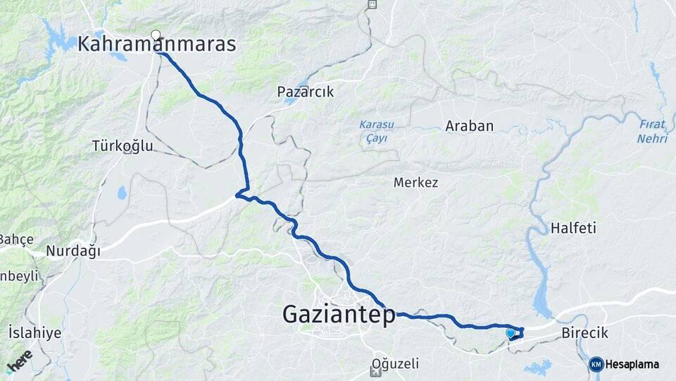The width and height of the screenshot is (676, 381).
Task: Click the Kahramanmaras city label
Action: tap(156, 44)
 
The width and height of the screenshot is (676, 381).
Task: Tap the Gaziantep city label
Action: tap(339, 315)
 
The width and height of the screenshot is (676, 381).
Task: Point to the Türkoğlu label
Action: tap(122, 146)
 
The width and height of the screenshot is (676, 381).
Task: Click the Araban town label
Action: tap(469, 126)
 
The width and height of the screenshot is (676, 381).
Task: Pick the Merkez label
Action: tap(415, 183)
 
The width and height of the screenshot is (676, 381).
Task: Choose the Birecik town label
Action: tap(584, 333)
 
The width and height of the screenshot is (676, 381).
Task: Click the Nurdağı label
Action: tap(73, 250)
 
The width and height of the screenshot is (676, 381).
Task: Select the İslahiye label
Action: tap(35, 332)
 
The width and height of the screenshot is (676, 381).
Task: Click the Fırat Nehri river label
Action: tap(652, 131)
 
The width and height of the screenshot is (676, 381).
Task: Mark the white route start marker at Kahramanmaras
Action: tap(156, 33)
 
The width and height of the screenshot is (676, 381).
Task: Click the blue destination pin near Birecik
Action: tap(511, 332)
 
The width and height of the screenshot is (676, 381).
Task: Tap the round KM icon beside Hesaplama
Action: tap(596, 364)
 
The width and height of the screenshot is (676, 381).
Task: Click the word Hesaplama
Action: tap(632, 364)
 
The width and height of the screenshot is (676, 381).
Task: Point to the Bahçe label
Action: tap(15, 239)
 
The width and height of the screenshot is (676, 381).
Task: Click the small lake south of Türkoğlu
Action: tap(122, 193)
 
